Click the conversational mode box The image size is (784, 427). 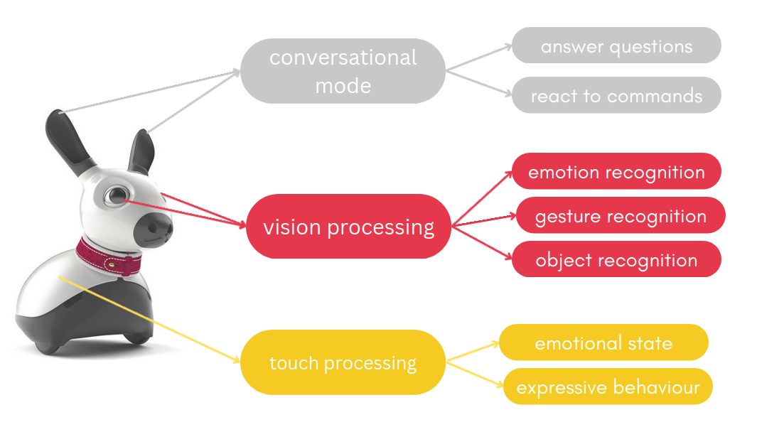coord(343,71)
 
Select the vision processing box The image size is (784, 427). coord(348,227)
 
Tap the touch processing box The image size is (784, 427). coord(343,363)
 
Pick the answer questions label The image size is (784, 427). coord(616,46)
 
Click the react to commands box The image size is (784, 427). coord(616,96)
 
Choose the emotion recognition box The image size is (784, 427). coord(616,172)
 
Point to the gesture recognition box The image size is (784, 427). coord(621,216)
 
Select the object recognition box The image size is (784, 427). coord(616,260)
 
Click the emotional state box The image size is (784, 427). coord(603,343)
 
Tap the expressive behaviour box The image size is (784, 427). coord(608,387)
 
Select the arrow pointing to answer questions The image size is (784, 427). coord(479,58)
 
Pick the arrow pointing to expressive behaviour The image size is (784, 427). coord(476,376)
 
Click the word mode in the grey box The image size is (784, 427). coord(343,86)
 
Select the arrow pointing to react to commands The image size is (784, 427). coord(479,82)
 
